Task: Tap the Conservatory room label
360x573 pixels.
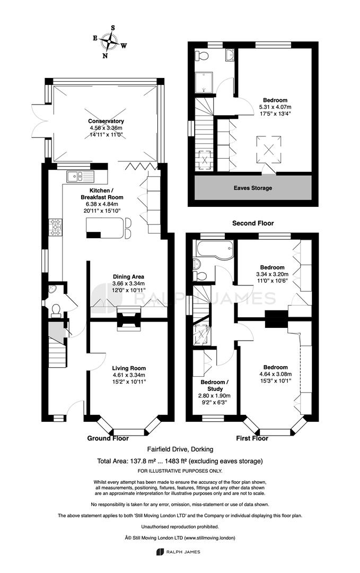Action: click(x=106, y=121)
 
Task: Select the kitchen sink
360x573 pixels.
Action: click(x=81, y=177)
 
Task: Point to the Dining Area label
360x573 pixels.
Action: click(x=128, y=276)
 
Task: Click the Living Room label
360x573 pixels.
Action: click(x=129, y=368)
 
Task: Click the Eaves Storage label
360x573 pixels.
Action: click(x=253, y=188)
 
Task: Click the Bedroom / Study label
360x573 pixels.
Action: click(x=215, y=385)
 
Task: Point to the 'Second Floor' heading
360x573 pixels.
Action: click(x=253, y=223)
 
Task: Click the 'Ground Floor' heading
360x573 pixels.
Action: click(x=108, y=438)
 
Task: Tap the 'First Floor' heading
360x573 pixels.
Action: click(x=252, y=438)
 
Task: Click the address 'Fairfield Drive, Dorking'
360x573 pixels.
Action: click(x=180, y=449)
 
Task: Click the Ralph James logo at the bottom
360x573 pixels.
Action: click(x=178, y=552)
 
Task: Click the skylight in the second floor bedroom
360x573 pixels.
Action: click(x=269, y=149)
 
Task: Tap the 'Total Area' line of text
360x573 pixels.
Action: click(x=180, y=461)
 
